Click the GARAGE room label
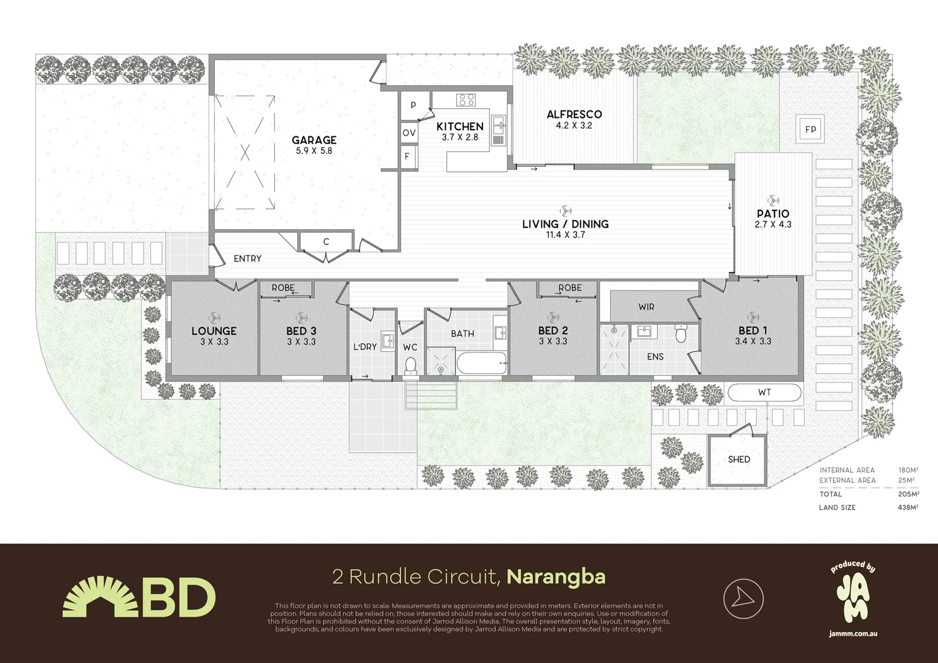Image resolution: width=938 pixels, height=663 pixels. click(x=314, y=140)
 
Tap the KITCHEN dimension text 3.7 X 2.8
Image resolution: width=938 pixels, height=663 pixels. click(x=460, y=137)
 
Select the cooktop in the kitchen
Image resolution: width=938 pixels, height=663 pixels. click(x=466, y=99)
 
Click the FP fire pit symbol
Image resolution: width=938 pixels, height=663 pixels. click(x=811, y=129)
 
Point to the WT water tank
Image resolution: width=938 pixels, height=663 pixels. click(x=764, y=392)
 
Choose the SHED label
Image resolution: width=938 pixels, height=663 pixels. click(x=738, y=459)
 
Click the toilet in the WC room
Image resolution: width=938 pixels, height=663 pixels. click(x=411, y=366)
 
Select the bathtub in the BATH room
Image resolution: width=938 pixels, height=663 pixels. click(x=482, y=363)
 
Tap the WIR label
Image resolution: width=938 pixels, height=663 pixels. click(x=646, y=306)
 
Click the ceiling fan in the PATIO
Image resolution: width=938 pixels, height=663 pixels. click(x=772, y=200)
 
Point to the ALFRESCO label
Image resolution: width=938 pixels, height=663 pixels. click(x=574, y=114)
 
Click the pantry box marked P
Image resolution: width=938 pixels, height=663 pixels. click(x=413, y=105)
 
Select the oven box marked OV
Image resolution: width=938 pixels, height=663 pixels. click(x=409, y=133)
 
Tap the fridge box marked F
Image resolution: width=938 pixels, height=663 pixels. click(x=407, y=157)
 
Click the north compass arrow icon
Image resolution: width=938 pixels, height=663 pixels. click(x=743, y=597)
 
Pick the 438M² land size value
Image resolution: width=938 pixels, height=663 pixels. click(x=908, y=508)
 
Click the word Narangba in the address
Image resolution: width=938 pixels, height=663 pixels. click(x=556, y=577)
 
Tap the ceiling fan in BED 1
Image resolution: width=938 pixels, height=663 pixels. click(x=753, y=317)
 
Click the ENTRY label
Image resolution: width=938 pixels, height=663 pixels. click(x=247, y=258)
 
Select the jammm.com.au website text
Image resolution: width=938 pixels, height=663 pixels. click(x=853, y=633)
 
